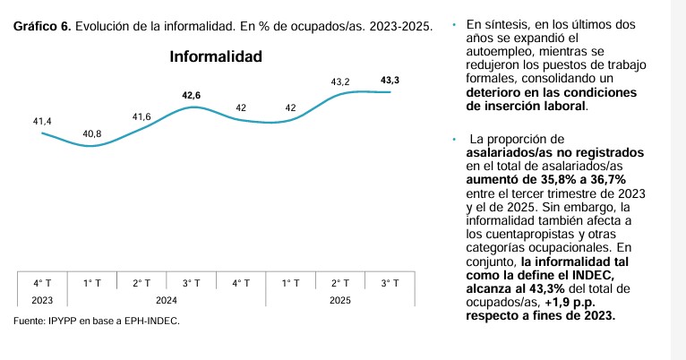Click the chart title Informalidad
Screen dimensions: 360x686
tap(216, 57)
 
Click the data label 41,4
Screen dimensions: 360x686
tap(43, 120)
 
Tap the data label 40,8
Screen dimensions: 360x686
tap(91, 133)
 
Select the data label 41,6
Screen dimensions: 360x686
tap(141, 117)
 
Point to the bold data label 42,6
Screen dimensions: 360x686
tap(191, 95)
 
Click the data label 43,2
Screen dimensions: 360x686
tap(340, 81)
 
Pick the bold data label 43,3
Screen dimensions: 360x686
tap(390, 81)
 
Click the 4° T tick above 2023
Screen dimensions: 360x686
tap(42, 283)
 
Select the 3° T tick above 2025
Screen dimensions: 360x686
tap(389, 283)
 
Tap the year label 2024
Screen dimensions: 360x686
tap(166, 300)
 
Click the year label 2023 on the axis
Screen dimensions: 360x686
tap(42, 300)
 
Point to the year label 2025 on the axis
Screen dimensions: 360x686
tap(339, 300)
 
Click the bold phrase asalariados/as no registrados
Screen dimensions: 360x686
tap(555, 152)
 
